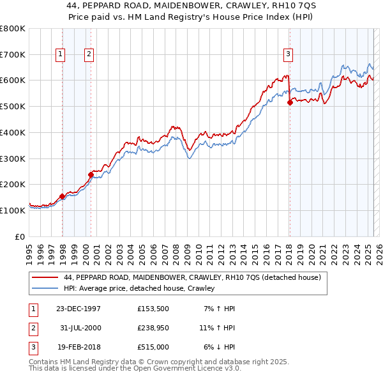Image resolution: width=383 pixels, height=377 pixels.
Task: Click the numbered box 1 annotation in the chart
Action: tap(60, 54)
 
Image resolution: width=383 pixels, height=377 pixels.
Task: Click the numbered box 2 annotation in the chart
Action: tap(89, 54)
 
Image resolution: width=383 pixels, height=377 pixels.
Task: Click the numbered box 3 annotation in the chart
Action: tap(289, 54)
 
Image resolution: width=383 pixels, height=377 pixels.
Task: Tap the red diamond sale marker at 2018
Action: tap(290, 102)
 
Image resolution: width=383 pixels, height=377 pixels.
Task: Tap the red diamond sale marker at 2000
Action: tap(91, 174)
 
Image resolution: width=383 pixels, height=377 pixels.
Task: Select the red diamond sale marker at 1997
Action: tap(62, 196)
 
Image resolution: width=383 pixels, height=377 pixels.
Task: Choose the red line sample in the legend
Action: tap(45, 278)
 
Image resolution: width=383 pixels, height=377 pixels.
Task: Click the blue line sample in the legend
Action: tap(45, 289)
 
